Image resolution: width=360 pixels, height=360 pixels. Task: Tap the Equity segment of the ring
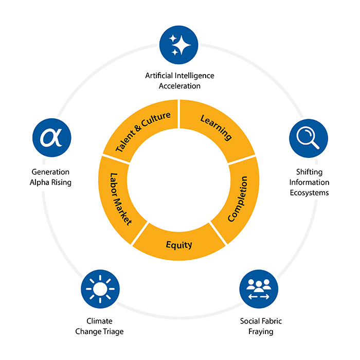[x=179, y=244]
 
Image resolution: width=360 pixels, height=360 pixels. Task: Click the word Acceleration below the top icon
[x=179, y=86]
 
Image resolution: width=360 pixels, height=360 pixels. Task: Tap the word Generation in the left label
[x=50, y=172]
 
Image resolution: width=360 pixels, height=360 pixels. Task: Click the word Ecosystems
[x=309, y=193]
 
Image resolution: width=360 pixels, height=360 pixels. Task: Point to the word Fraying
[x=261, y=332]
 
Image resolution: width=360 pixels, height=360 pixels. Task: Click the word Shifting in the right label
[x=309, y=172]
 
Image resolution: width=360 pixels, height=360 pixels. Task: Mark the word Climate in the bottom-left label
[x=99, y=321]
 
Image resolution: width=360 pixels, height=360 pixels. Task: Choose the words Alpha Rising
[x=50, y=183]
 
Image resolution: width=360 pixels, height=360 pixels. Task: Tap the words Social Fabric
[x=261, y=321]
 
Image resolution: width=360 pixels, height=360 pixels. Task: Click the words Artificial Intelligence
[x=179, y=76]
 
